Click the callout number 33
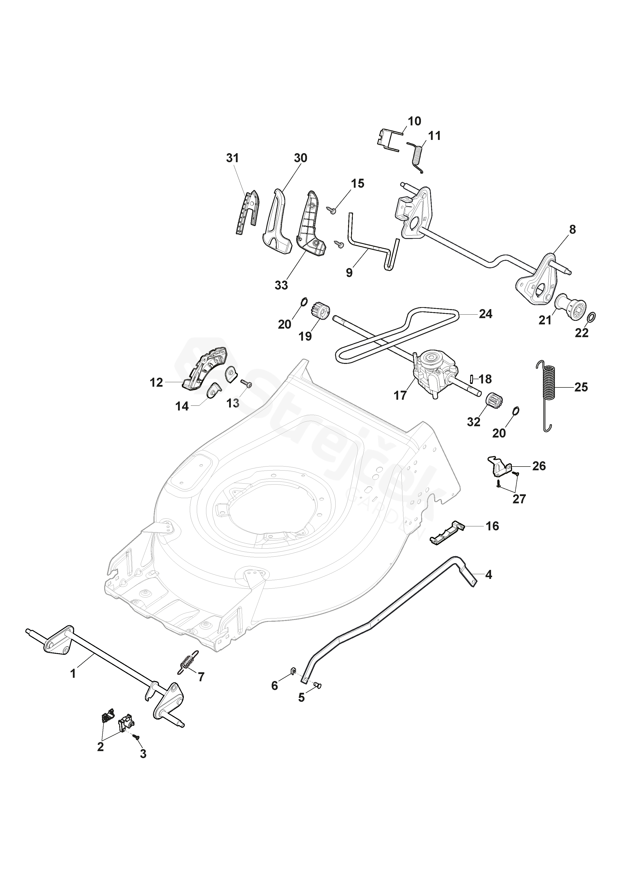point(281,285)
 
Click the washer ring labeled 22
point(590,317)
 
